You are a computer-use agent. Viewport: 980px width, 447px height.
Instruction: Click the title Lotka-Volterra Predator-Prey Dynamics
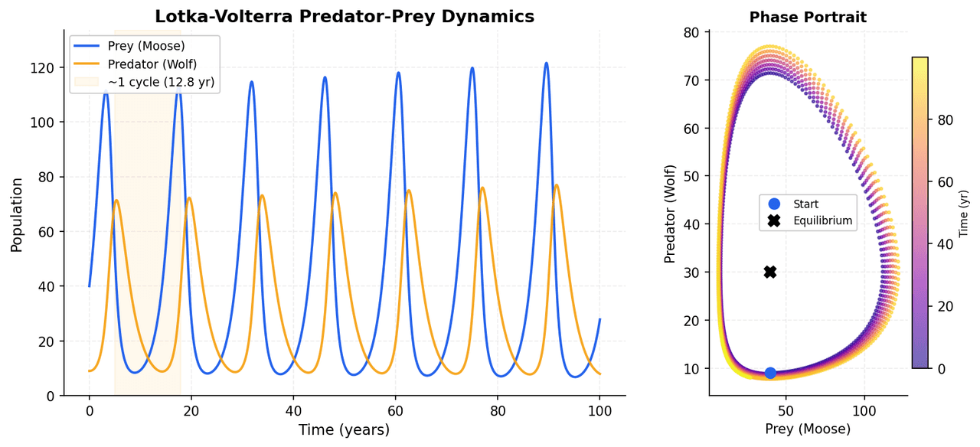[x=345, y=17]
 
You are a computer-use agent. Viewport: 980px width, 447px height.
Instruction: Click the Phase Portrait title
[x=808, y=17]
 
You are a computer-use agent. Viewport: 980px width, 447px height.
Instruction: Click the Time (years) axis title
[x=344, y=429]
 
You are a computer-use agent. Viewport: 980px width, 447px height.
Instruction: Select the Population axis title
[x=17, y=215]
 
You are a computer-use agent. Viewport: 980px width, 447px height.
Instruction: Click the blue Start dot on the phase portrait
[x=770, y=373]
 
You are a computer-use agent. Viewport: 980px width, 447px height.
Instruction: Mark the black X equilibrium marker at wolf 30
[x=770, y=272]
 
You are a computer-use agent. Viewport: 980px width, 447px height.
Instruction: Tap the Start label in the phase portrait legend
[x=805, y=204]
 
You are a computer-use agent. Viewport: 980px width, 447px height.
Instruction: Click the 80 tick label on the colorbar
[x=944, y=119]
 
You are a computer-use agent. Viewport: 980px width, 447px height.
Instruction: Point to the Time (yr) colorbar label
[x=964, y=215]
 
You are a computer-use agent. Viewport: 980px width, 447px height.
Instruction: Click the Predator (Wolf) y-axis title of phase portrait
[x=671, y=214]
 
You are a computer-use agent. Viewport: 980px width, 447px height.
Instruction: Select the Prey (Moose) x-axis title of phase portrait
[x=808, y=429]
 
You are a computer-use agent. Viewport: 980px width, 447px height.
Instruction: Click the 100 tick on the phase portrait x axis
[x=864, y=411]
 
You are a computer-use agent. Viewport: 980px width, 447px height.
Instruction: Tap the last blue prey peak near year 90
[x=546, y=64]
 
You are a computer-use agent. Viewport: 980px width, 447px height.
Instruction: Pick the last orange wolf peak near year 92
[x=557, y=185]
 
